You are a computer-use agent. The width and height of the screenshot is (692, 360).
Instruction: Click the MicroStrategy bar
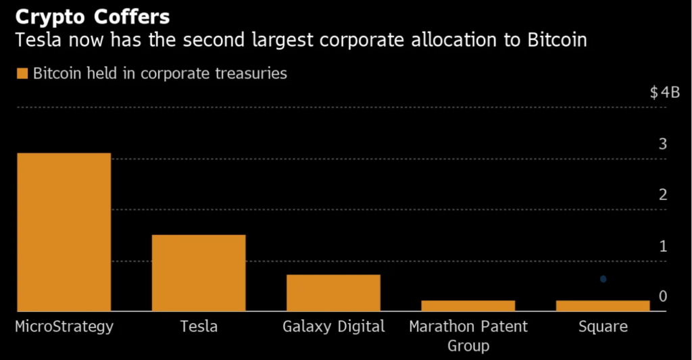pyautogui.click(x=64, y=232)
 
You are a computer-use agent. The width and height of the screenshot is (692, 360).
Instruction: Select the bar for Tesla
pyautogui.click(x=199, y=273)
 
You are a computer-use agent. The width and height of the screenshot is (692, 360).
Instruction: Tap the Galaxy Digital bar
pyautogui.click(x=333, y=292)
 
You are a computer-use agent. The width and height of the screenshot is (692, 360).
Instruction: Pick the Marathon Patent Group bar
pyautogui.click(x=468, y=305)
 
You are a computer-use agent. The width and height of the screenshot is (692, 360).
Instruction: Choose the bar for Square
pyautogui.click(x=603, y=305)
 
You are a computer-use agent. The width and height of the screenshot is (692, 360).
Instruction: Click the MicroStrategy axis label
pyautogui.click(x=64, y=327)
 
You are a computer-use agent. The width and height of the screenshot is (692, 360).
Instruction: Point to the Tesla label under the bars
pyautogui.click(x=199, y=327)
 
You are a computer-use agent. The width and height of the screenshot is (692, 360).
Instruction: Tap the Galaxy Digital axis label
pyautogui.click(x=333, y=327)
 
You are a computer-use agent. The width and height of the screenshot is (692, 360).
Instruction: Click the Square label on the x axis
pyautogui.click(x=603, y=327)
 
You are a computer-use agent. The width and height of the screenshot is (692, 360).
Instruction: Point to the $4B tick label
pyautogui.click(x=664, y=93)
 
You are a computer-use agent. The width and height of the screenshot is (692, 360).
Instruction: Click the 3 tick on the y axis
pyautogui.click(x=663, y=144)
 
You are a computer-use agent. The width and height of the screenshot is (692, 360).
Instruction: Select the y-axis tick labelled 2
pyautogui.click(x=663, y=195)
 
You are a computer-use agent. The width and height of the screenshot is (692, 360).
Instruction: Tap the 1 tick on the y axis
pyautogui.click(x=663, y=246)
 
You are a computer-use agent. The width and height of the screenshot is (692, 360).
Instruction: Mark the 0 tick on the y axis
pyautogui.click(x=663, y=297)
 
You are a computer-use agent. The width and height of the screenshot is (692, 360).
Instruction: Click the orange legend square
pyautogui.click(x=22, y=74)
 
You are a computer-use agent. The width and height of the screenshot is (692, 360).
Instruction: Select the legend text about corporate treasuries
pyautogui.click(x=160, y=74)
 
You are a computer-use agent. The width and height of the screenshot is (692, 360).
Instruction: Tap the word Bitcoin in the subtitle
pyautogui.click(x=555, y=41)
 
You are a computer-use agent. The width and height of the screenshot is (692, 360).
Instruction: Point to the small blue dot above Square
pyautogui.click(x=603, y=279)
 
